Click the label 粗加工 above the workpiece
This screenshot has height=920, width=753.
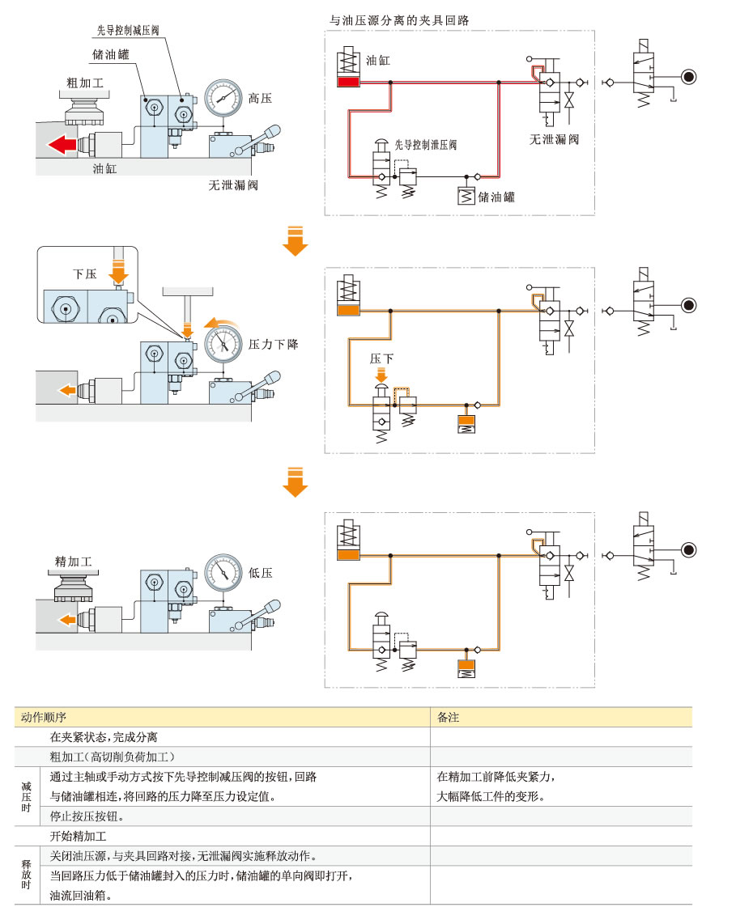coord(85,83)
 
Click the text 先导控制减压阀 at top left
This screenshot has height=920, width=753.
coord(128,30)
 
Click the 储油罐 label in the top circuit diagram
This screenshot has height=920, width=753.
coord(496,197)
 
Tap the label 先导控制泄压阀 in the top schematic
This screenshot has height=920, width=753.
coord(426,145)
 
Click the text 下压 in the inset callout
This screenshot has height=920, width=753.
coord(84,274)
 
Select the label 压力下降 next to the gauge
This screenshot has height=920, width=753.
coord(275,344)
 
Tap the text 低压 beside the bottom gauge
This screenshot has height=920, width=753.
coord(261,572)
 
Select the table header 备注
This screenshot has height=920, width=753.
coord(448,717)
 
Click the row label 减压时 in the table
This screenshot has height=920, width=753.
coord(27,795)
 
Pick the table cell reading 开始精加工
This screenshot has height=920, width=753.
coord(79,836)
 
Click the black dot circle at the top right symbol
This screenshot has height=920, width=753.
coord(687,78)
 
